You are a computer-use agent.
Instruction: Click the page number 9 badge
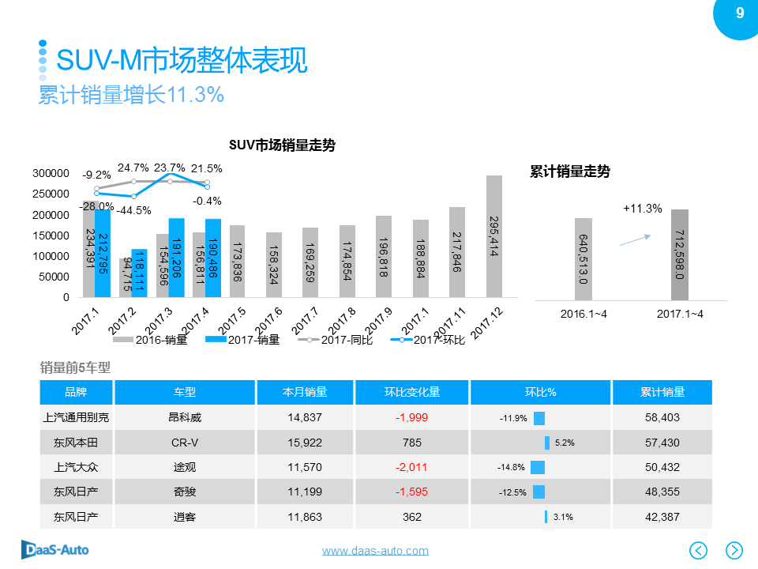point(739,13)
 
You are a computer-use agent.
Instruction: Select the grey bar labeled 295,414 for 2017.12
point(494,237)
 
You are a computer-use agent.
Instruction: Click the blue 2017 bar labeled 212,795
point(102,253)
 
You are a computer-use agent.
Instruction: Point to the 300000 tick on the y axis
point(51,173)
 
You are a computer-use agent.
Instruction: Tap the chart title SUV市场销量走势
point(282,145)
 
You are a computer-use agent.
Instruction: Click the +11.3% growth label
point(642,209)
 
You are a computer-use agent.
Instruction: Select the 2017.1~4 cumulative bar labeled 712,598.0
point(679,254)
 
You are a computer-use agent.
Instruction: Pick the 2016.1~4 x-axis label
point(583,314)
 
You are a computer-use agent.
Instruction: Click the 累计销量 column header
point(662,392)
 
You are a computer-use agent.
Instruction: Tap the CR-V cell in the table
point(185,443)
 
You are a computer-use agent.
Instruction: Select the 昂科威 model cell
point(185,417)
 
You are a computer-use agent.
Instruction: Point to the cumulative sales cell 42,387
point(662,517)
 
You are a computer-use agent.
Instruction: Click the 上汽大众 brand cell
point(76,467)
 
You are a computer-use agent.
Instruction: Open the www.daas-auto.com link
point(375,551)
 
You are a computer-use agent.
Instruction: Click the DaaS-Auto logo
point(54,549)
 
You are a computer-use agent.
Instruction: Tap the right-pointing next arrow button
point(734,549)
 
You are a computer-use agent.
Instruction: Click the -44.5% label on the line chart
point(134,210)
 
